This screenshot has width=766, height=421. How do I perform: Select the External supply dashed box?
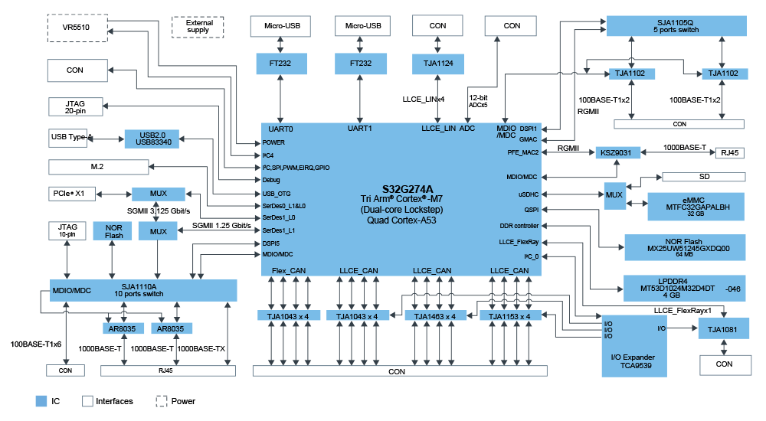point(198,27)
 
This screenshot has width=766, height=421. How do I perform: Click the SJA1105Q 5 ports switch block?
point(675,26)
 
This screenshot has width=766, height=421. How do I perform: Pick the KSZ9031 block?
point(617,153)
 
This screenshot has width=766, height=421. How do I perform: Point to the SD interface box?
point(703,177)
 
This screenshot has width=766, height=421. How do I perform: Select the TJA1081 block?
point(723,329)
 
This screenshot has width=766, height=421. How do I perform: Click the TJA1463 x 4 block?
point(434,316)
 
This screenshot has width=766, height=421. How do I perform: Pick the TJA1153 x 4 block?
point(509,316)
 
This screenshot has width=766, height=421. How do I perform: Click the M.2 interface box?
point(97,166)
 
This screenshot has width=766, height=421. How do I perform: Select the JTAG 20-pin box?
point(74,106)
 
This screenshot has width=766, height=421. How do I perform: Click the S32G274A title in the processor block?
point(407,188)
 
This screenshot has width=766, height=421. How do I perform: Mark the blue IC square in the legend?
point(41,401)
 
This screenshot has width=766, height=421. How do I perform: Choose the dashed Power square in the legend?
point(162,401)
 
